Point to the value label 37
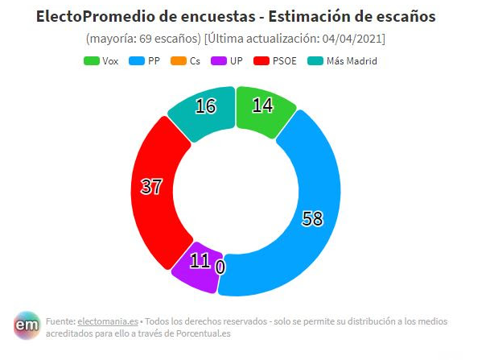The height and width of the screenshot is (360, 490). coord(151,188)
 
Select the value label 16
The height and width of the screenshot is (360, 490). coord(206,107)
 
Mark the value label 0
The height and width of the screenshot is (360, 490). coord(220,267)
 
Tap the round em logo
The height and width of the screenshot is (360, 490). coord(27,325)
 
